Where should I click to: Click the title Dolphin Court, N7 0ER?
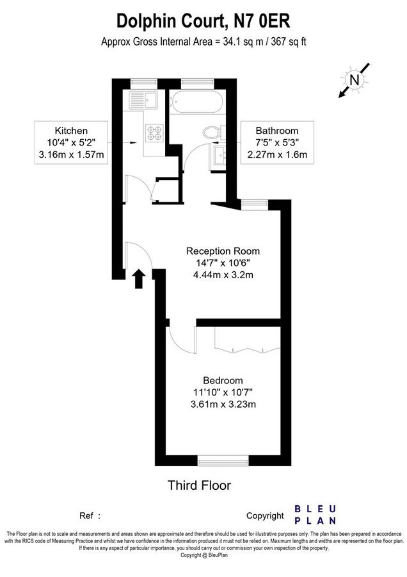[x=203, y=21]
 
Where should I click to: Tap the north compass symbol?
[x=354, y=81]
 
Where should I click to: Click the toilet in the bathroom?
[x=211, y=133]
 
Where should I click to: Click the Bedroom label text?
[x=223, y=380]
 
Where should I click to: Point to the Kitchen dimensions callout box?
[x=71, y=142]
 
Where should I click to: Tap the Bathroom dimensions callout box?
[x=277, y=142]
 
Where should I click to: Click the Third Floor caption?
[x=199, y=485]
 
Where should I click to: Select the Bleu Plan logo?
[x=315, y=514]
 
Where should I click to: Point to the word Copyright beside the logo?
[x=265, y=515]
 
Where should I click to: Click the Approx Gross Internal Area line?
[x=203, y=42]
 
